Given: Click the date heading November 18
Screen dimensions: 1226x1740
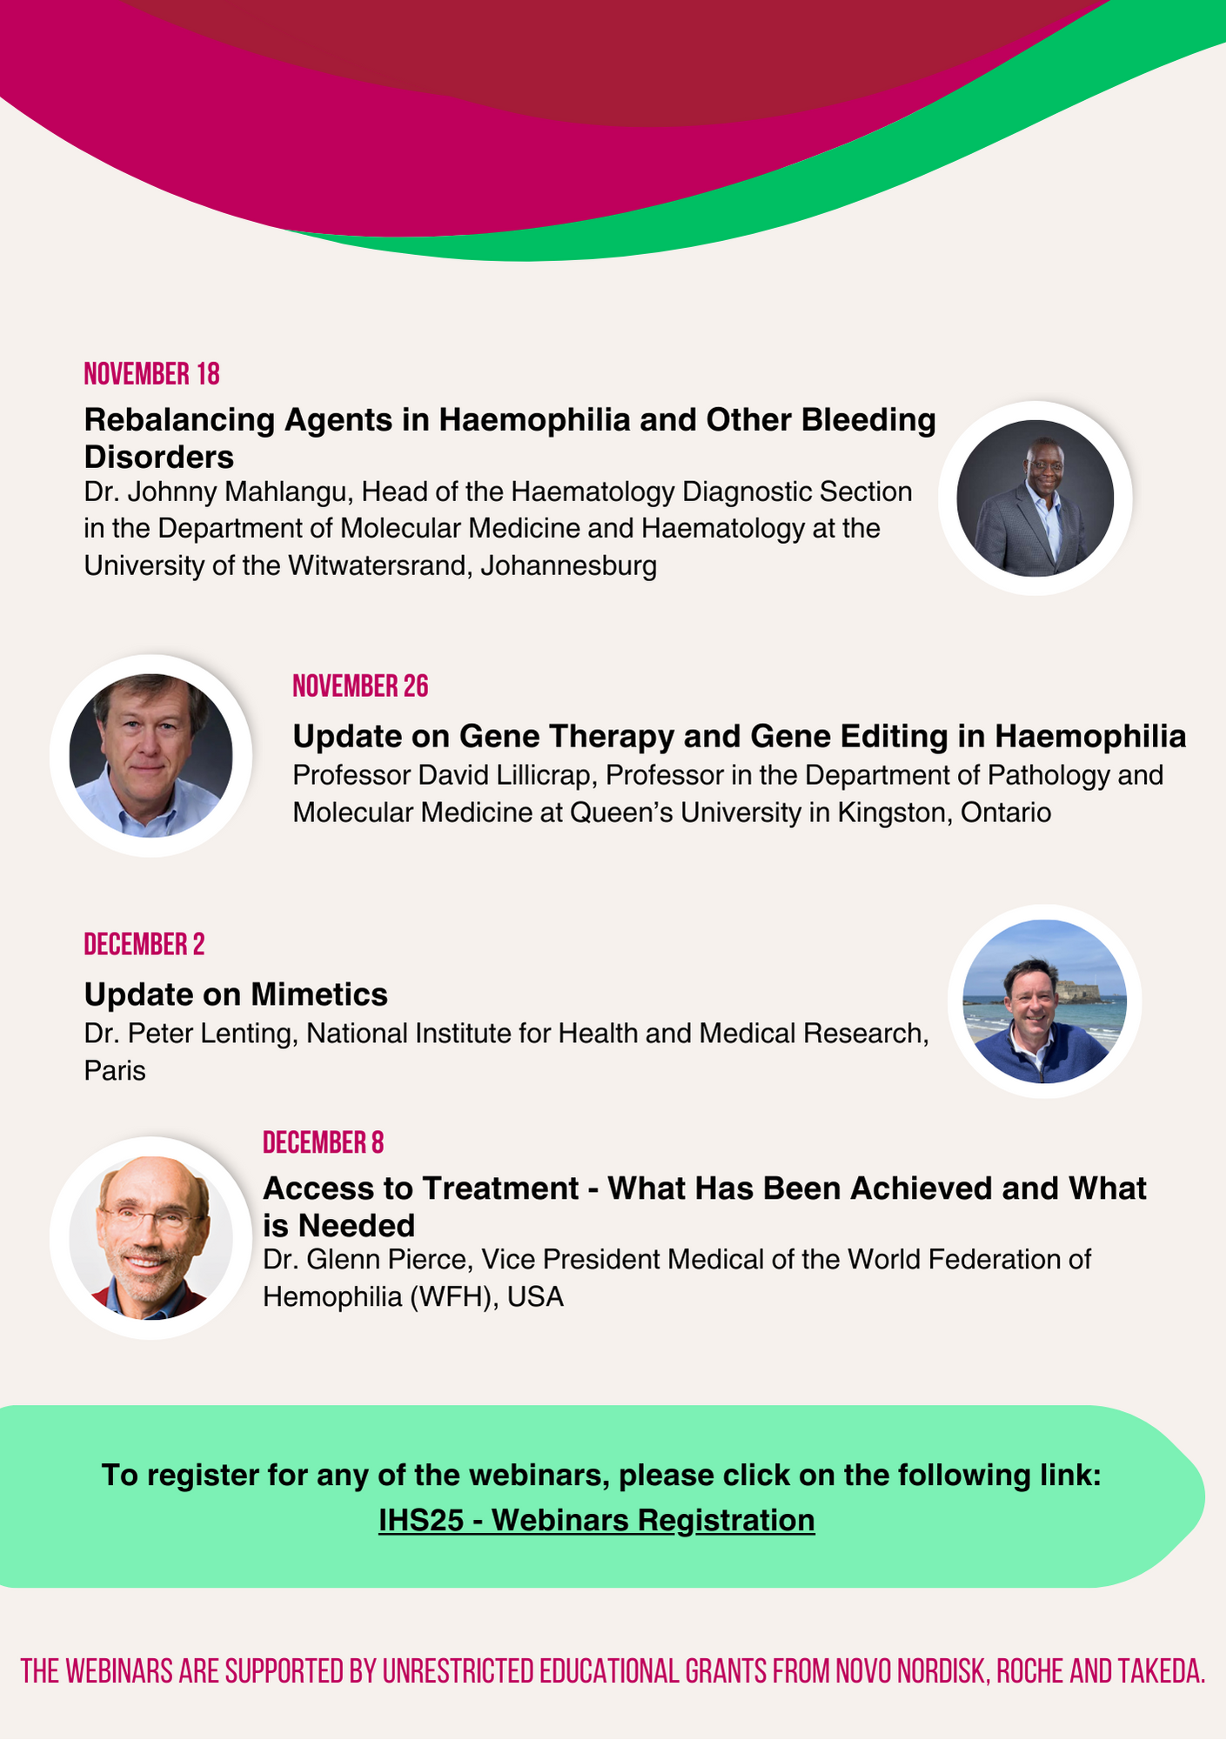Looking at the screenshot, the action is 151,374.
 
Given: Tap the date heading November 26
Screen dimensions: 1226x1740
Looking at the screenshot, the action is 360,686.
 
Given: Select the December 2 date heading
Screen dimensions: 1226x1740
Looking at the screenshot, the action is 144,945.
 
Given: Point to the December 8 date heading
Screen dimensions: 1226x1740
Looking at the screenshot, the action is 323,1142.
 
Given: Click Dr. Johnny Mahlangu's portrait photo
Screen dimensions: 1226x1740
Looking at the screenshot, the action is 1035,499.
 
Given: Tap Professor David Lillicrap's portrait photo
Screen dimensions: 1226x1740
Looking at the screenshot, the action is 151,756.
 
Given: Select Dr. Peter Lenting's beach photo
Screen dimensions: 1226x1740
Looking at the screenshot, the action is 1044,1001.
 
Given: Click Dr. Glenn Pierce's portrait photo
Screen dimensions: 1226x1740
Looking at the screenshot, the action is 151,1238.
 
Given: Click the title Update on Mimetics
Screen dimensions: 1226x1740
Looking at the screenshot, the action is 236,994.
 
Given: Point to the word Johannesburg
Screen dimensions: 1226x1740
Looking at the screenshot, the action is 569,566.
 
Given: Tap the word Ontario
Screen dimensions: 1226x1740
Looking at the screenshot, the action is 1006,813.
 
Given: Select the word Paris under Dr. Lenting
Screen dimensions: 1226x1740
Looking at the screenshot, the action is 115,1071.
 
